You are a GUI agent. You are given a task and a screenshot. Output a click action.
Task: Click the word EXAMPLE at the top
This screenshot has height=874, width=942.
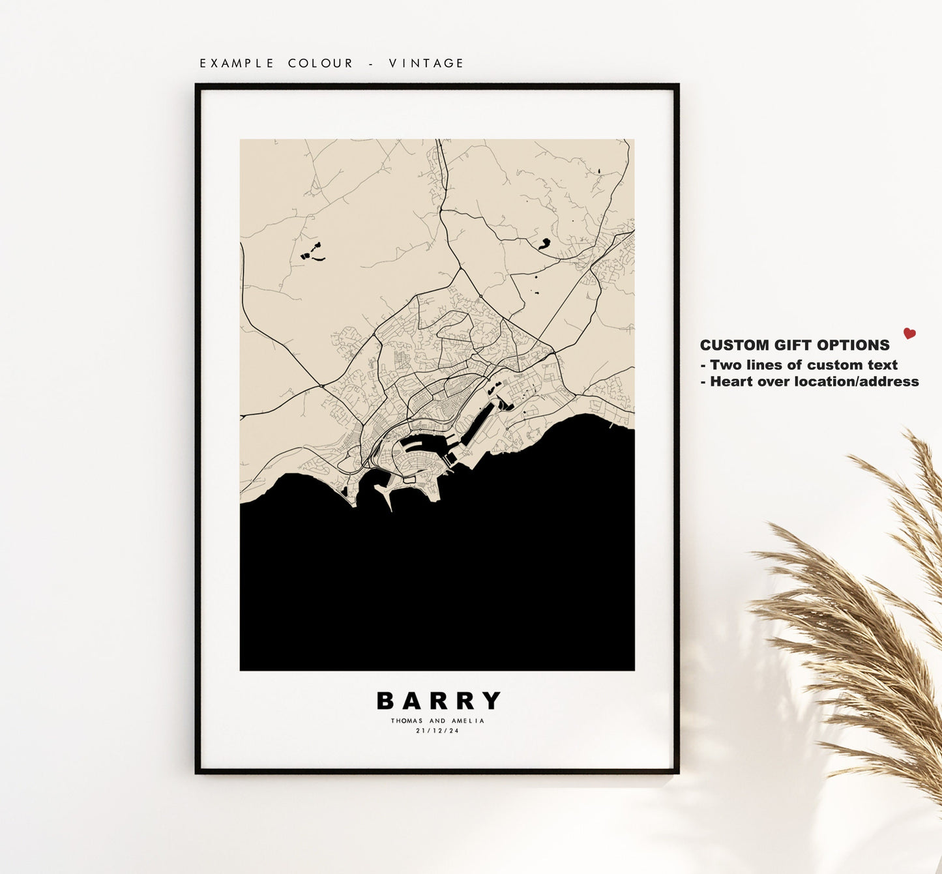click(x=237, y=63)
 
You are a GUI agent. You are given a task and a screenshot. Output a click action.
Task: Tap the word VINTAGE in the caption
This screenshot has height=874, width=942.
click(x=426, y=63)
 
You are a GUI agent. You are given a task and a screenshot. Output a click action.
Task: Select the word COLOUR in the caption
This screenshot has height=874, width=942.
click(x=320, y=63)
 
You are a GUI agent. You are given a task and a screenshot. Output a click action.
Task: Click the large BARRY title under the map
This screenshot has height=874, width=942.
click(x=438, y=701)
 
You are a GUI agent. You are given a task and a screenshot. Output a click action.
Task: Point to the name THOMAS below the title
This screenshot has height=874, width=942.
click(x=407, y=721)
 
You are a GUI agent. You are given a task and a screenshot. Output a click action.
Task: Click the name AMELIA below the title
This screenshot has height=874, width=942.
click(x=468, y=721)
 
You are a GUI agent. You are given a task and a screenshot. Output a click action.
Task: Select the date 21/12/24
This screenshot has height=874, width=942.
click(x=437, y=731)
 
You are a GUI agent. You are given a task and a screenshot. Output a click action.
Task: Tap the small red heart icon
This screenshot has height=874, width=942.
click(x=909, y=334)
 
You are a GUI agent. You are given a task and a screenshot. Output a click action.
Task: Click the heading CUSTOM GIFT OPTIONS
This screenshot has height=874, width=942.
click(x=794, y=345)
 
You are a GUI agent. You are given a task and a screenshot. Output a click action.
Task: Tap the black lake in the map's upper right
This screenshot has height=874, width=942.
click(x=542, y=244)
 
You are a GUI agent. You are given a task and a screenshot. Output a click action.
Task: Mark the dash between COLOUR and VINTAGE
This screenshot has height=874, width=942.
click(x=372, y=63)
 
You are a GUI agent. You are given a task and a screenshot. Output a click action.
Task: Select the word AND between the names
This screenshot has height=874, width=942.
click(x=437, y=721)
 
